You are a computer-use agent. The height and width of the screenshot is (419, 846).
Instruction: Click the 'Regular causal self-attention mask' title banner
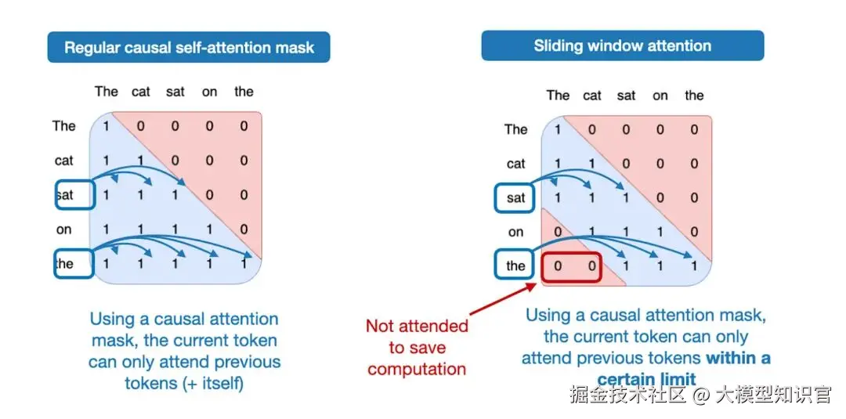[189, 47]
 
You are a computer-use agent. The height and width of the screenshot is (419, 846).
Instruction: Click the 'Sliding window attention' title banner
[623, 45]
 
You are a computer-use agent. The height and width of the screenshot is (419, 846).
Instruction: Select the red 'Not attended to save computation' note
[417, 347]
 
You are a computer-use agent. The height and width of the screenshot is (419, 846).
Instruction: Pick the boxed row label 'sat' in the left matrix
[74, 195]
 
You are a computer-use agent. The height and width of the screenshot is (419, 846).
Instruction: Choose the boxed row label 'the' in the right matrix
[515, 265]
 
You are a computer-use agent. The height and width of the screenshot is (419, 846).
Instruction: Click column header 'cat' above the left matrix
[141, 92]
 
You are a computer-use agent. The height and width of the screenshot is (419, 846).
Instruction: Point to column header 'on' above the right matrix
[660, 96]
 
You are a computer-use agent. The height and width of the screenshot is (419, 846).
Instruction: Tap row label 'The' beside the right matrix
[516, 129]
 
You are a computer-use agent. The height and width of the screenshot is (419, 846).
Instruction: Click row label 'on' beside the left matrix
[64, 229]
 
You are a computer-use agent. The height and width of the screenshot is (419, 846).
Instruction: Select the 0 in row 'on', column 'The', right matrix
[558, 232]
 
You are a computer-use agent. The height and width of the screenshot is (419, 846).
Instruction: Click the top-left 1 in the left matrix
[107, 126]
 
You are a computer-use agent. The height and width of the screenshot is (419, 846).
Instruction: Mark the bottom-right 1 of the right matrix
[694, 266]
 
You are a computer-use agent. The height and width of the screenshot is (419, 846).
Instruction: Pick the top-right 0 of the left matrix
[244, 126]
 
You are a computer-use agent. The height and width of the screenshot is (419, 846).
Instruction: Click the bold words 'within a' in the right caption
[739, 358]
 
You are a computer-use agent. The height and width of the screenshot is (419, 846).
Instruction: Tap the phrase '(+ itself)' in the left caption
[206, 384]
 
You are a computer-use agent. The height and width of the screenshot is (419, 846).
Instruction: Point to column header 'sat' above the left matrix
[175, 92]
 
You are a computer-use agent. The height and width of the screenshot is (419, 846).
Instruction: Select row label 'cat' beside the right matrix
[516, 164]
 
